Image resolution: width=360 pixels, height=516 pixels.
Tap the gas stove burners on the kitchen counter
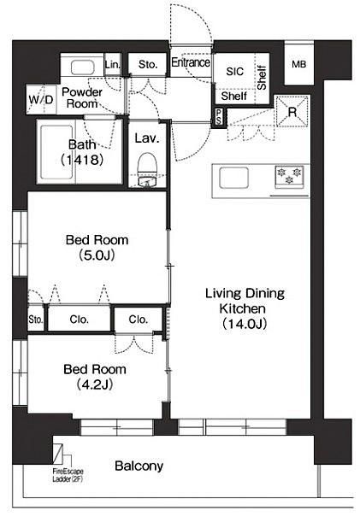click(x=289, y=177)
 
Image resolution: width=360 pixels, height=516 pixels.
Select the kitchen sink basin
click(x=233, y=178)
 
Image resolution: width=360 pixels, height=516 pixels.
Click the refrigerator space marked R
click(x=292, y=112)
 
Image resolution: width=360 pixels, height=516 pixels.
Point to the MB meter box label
click(x=298, y=64)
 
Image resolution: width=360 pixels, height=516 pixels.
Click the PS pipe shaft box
click(x=219, y=117)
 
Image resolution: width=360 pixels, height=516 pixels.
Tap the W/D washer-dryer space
click(x=41, y=99)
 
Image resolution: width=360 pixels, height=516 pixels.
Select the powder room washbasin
click(x=82, y=67)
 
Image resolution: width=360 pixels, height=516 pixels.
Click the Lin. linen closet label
click(x=113, y=65)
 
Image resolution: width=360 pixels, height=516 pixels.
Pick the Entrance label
click(x=191, y=62)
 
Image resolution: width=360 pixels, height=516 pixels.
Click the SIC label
click(x=235, y=71)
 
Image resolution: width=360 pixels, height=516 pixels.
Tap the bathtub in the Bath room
click(x=56, y=152)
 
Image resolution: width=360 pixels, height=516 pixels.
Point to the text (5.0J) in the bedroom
click(x=97, y=255)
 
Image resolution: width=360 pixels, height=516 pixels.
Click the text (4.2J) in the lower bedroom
click(x=95, y=384)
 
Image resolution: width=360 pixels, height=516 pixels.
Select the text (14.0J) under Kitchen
click(x=244, y=324)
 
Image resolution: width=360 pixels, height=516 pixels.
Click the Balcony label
click(x=139, y=466)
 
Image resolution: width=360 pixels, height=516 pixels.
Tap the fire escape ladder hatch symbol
click(x=58, y=454)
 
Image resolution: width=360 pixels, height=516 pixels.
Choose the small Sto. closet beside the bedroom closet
click(x=36, y=320)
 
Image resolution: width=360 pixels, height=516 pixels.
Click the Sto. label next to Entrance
click(x=148, y=64)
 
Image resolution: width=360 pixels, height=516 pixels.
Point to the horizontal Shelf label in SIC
click(x=233, y=96)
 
